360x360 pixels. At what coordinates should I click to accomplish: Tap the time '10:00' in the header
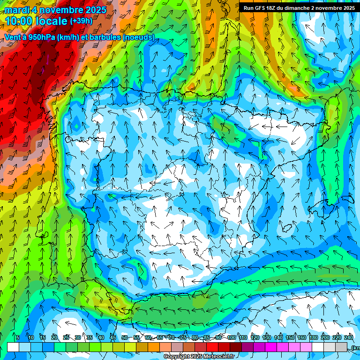tap(20, 21)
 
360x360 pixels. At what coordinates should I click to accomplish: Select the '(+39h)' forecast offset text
tap(81, 21)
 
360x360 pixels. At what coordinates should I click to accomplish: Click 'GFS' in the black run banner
tap(260, 8)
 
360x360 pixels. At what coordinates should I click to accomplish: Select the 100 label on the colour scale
tap(232, 337)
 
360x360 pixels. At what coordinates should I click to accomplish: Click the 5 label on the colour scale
tap(18, 337)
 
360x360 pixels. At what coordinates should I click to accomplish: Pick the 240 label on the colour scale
tap(349, 337)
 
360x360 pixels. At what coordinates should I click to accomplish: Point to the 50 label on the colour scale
tap(125, 337)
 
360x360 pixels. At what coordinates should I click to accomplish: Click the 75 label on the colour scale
tap(183, 337)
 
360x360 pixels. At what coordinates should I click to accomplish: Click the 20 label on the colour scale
tap(54, 337)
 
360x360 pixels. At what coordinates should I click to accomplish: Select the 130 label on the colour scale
tap(267, 337)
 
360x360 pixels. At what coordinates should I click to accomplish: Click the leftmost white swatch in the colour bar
tap(13, 347)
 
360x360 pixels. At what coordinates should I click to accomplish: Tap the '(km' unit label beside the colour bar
tap(355, 348)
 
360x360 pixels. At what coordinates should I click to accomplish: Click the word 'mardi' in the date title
tap(16, 10)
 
